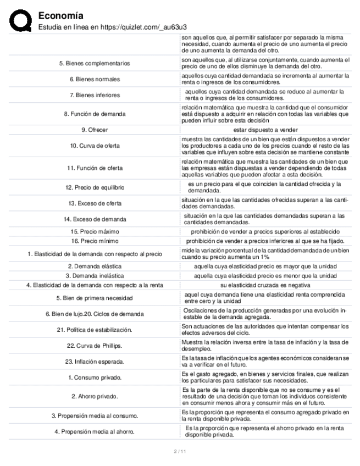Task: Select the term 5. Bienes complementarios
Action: tap(95, 63)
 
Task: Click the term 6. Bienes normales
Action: tap(95, 79)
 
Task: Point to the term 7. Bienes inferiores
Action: tap(95, 95)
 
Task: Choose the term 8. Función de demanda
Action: tap(95, 114)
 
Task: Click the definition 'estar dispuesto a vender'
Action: tap(265, 130)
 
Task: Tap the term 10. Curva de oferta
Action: tap(95, 146)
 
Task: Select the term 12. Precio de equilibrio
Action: tap(95, 187)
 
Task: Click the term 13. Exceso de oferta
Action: tap(95, 203)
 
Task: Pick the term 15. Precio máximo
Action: tap(95, 231)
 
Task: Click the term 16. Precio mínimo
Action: tap(95, 241)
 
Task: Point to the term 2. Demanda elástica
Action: tap(95, 266)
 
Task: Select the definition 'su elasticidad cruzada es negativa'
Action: tap(265, 285)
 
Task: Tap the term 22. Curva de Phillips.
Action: tap(95, 346)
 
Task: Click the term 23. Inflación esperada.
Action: tap(95, 362)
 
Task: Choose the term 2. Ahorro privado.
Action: tap(95, 396)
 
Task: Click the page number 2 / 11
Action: tap(180, 452)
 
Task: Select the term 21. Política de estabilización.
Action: tap(95, 330)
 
